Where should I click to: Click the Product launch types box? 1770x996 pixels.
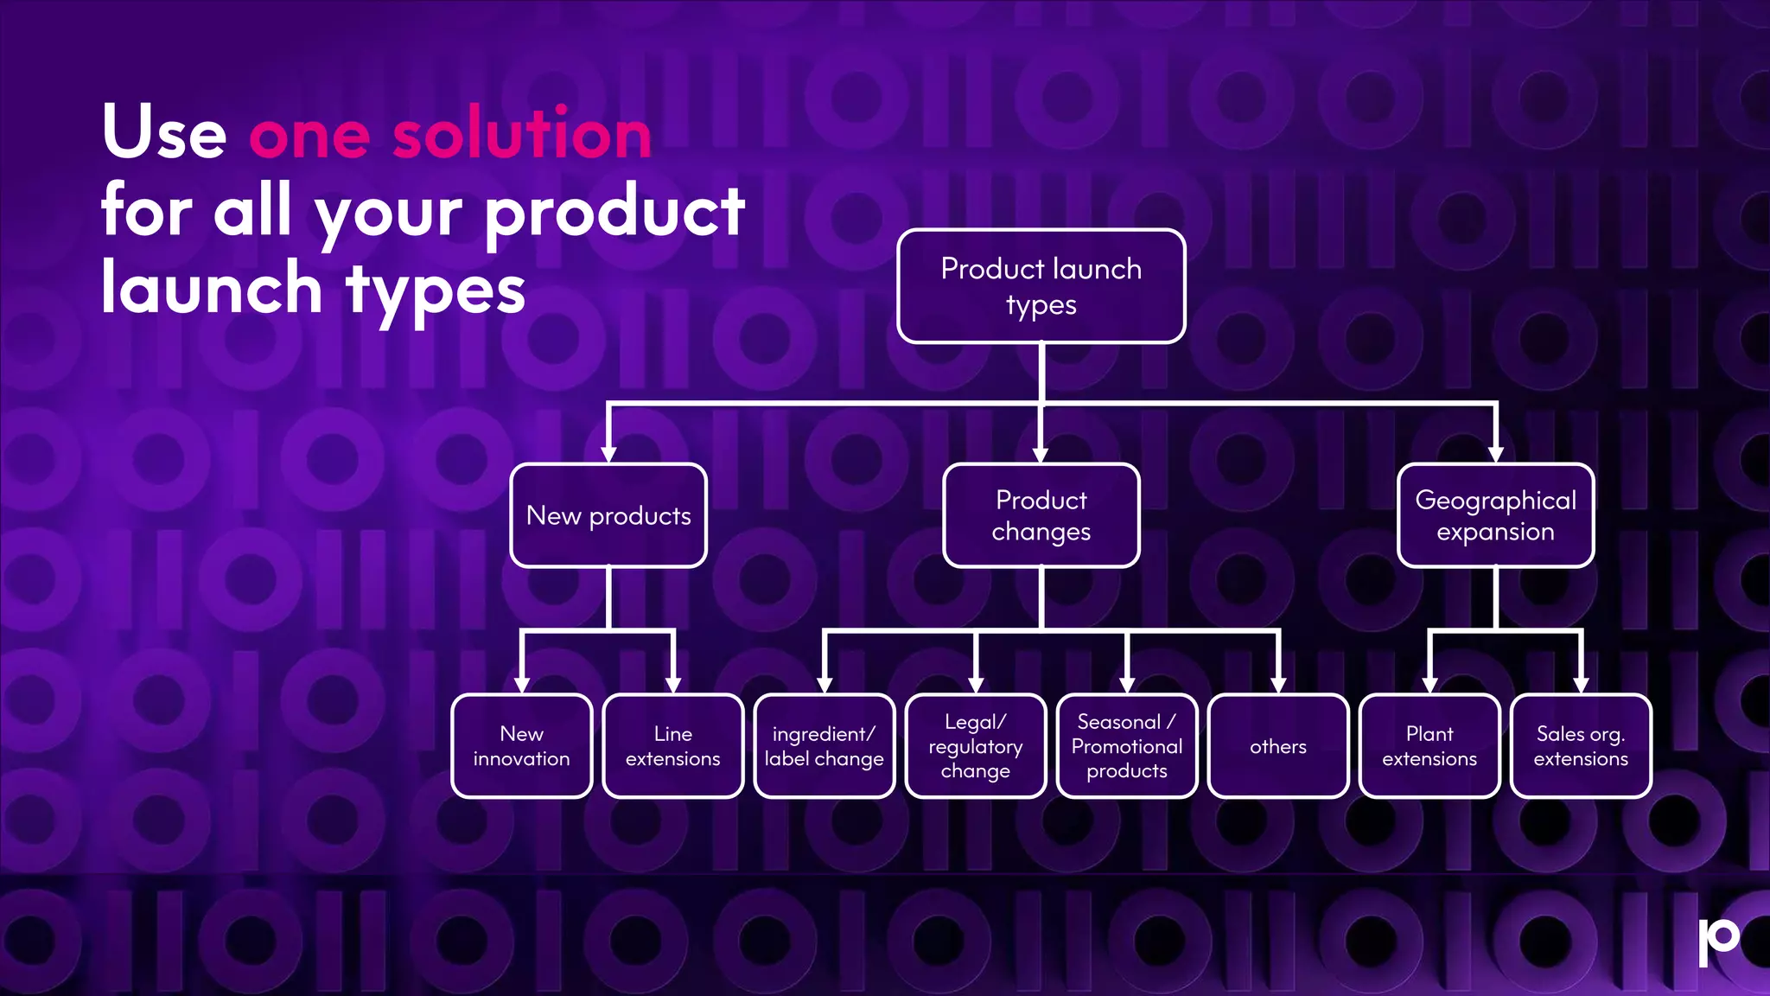(x=1041, y=286)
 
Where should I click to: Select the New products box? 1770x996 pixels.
(x=608, y=515)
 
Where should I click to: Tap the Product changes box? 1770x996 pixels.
(x=1041, y=515)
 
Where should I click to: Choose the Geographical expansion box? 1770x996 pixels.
(x=1495, y=515)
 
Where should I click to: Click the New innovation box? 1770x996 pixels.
(x=521, y=745)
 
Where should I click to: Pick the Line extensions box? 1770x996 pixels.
(x=672, y=745)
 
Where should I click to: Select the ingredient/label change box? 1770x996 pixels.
(x=824, y=745)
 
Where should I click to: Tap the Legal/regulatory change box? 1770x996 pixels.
(x=975, y=745)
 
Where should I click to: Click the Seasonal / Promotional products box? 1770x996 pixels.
(x=1126, y=745)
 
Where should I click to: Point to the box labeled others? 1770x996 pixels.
(x=1277, y=745)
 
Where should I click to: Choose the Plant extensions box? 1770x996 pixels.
(x=1429, y=745)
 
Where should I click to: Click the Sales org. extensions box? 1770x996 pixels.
(x=1580, y=745)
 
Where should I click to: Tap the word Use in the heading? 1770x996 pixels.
(x=164, y=134)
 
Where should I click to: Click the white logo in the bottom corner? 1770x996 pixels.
(x=1718, y=941)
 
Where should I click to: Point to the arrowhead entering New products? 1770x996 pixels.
(x=608, y=454)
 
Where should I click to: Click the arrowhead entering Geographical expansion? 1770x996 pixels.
(x=1495, y=454)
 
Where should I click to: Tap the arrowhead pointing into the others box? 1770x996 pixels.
(x=1277, y=685)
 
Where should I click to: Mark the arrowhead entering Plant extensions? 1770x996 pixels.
(x=1429, y=685)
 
